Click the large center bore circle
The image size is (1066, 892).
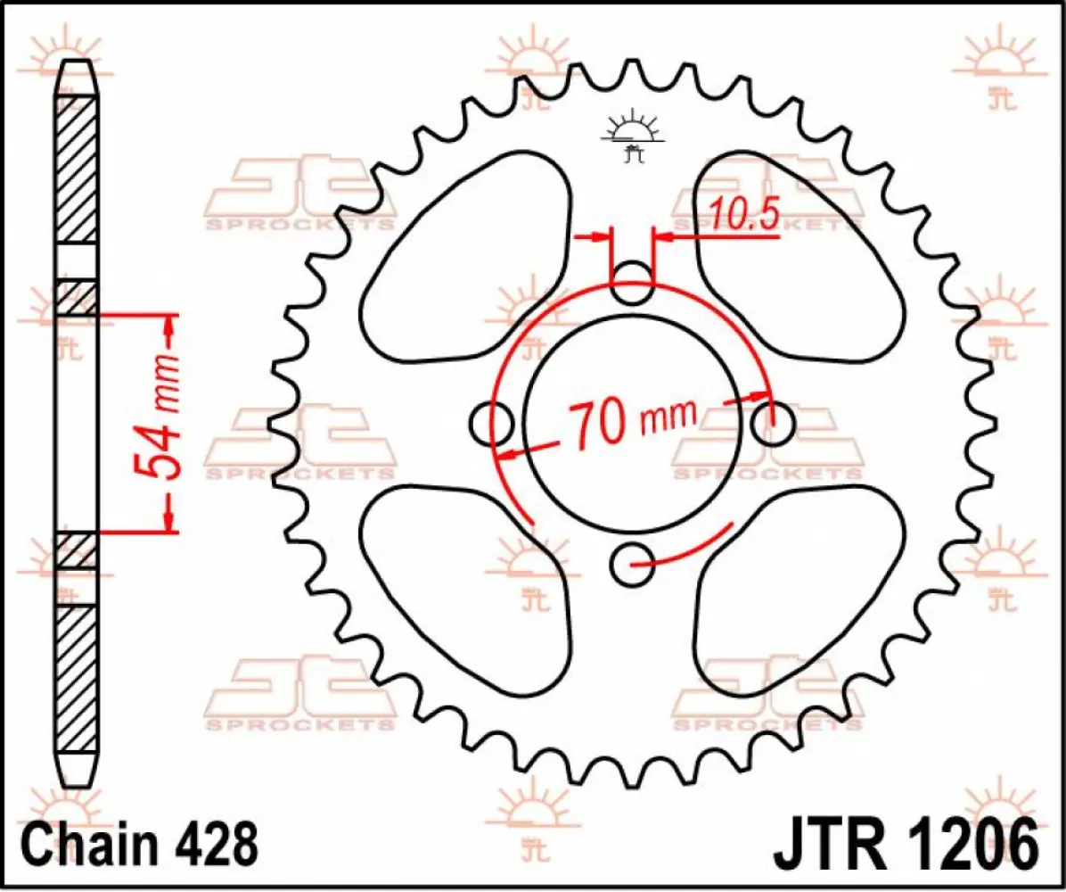[633, 375]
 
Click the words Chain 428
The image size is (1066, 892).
[139, 842]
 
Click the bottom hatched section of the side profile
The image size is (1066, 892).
[76, 678]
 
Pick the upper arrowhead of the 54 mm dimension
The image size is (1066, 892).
[168, 330]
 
